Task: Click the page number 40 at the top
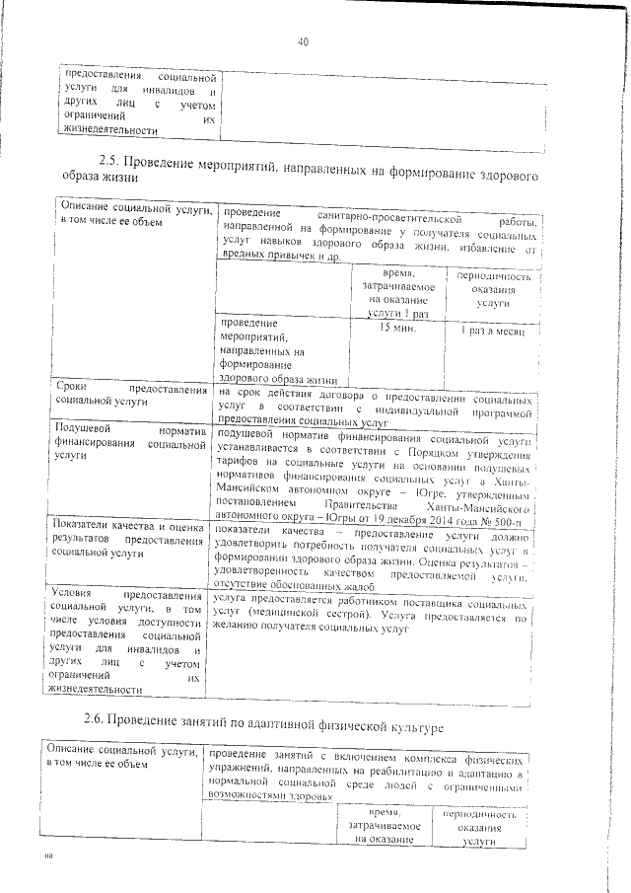[x=303, y=42]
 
